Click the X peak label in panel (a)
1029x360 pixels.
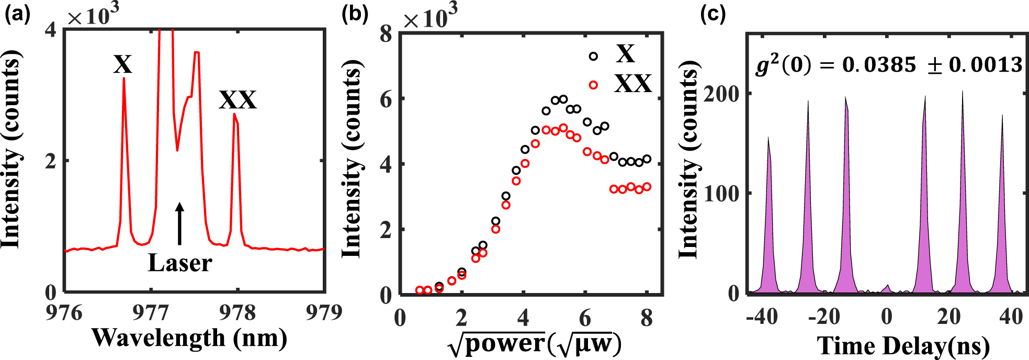123,64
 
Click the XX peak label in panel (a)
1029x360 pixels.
238,99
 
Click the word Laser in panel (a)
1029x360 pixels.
180,263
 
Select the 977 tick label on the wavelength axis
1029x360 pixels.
151,312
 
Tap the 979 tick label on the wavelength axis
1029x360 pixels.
324,312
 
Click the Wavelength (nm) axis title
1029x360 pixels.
189,338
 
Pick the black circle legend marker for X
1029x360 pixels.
593,56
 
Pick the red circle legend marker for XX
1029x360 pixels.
593,85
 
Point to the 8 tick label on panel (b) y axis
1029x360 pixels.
386,34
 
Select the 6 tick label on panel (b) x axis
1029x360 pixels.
585,318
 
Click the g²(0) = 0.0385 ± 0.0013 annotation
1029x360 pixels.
889,65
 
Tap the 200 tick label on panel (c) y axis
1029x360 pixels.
721,94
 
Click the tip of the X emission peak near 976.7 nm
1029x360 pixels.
124,78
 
